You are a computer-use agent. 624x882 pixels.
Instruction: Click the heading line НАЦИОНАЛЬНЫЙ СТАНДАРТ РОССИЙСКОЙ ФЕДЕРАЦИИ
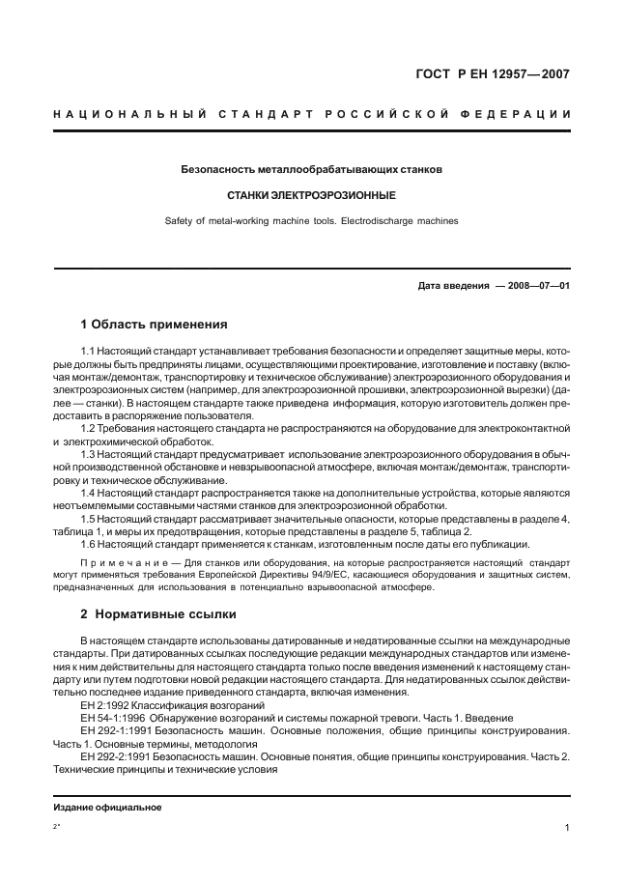pyautogui.click(x=311, y=114)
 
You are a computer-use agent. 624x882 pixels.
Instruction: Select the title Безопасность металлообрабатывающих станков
pyautogui.click(x=311, y=169)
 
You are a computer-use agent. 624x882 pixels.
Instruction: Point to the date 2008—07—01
pyautogui.click(x=538, y=286)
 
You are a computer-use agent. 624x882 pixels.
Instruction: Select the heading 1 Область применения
pyautogui.click(x=154, y=324)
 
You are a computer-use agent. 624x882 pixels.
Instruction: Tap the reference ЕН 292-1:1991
pyautogui.click(x=120, y=730)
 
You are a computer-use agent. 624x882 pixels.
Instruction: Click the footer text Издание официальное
pyautogui.click(x=106, y=807)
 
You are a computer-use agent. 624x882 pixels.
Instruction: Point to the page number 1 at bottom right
pyautogui.click(x=567, y=828)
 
